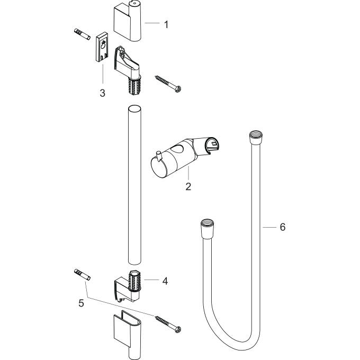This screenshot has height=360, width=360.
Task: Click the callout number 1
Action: click(166, 24)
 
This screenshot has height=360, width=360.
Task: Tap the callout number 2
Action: click(188, 186)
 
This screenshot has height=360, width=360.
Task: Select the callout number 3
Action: click(102, 93)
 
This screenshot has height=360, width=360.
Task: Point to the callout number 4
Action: click(165, 281)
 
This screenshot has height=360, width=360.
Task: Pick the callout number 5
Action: click(80, 304)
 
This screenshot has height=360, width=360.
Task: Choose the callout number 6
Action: click(282, 227)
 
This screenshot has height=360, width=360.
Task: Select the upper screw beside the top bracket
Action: click(169, 83)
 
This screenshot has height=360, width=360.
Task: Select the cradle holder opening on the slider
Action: click(213, 143)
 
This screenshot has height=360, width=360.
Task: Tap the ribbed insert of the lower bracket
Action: click(135, 281)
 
